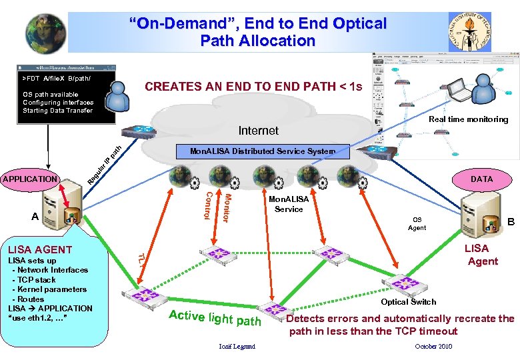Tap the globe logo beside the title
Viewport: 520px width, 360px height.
tap(46, 33)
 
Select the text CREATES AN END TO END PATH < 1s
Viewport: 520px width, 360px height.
tap(253, 87)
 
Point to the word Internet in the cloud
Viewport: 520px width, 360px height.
tap(259, 131)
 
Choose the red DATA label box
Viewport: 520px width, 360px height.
tap(481, 179)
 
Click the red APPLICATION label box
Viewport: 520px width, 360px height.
tap(30, 179)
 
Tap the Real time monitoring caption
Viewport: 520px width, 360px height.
tap(468, 119)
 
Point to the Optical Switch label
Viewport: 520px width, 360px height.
tap(409, 302)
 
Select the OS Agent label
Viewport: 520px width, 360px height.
tap(417, 223)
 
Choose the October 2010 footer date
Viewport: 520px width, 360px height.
tap(433, 347)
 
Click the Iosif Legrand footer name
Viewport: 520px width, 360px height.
tap(237, 347)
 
